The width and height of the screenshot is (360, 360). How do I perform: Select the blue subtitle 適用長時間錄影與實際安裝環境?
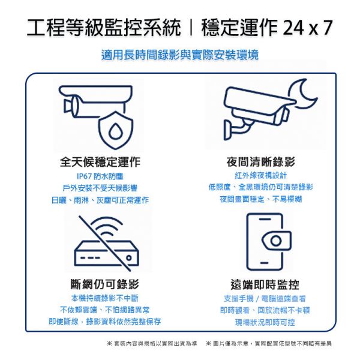click(180, 55)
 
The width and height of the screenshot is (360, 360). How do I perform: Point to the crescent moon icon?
click(299, 96)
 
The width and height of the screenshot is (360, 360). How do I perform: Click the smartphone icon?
click(264, 241)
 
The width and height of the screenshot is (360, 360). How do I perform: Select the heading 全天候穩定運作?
click(100, 162)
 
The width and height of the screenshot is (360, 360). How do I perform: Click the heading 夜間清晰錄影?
click(260, 162)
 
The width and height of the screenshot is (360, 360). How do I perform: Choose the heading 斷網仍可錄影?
click(100, 284)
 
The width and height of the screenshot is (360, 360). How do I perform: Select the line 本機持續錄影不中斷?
click(100, 298)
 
